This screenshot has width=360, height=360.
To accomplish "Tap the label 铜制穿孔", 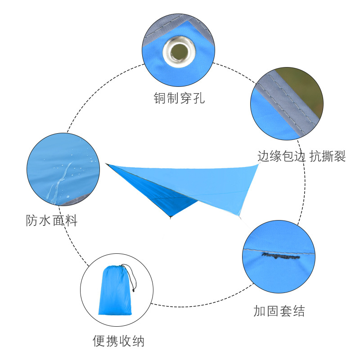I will [x=179, y=98].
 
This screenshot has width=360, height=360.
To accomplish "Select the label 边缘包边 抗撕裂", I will [x=301, y=156].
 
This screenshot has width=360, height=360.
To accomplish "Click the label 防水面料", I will [x=52, y=221].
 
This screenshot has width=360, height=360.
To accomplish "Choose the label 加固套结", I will [x=279, y=310].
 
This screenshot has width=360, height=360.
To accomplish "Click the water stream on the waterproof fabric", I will [x=58, y=180].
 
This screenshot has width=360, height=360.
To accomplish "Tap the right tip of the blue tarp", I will [x=260, y=164].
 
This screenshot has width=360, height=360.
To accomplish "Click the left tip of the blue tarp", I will [x=106, y=164].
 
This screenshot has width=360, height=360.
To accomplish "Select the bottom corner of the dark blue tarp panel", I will [x=171, y=218].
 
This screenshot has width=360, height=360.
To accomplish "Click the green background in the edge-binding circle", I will [x=306, y=85].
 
